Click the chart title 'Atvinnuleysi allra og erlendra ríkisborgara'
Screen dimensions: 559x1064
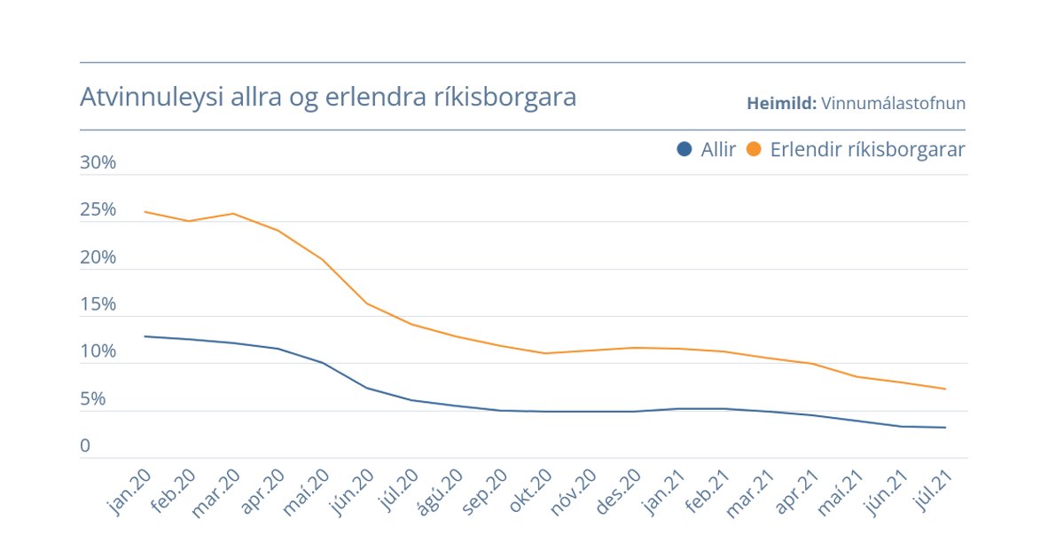click(328, 97)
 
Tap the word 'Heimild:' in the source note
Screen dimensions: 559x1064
click(781, 104)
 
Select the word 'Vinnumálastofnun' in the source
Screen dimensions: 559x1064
click(893, 104)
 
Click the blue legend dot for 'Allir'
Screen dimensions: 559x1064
click(684, 150)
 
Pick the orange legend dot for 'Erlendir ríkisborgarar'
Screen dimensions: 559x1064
click(754, 150)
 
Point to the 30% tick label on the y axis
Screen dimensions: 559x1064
click(98, 163)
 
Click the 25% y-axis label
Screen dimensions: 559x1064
click(98, 210)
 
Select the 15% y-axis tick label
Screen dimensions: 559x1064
click(98, 304)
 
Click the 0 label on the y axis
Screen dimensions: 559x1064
click(85, 446)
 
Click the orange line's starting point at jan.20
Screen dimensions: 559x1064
click(145, 212)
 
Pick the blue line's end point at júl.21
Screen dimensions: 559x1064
click(945, 428)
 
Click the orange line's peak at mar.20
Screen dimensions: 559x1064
click(233, 214)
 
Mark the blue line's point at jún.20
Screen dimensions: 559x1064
click(367, 388)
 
